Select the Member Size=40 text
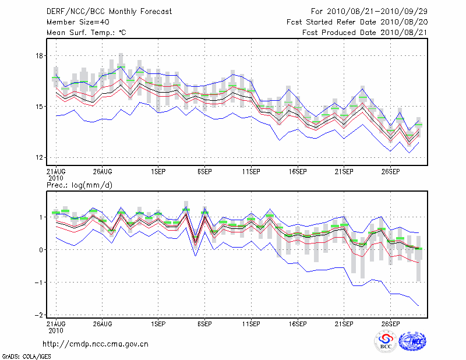[73, 22]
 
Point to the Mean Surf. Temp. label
[86, 33]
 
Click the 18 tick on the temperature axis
[39, 56]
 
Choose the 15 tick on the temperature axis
[39, 107]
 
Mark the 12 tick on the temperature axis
[39, 157]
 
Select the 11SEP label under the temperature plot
[251, 172]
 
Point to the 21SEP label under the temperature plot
[344, 172]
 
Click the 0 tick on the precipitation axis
[41, 250]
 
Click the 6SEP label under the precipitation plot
[204, 323]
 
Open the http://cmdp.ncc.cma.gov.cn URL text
[96, 344]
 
